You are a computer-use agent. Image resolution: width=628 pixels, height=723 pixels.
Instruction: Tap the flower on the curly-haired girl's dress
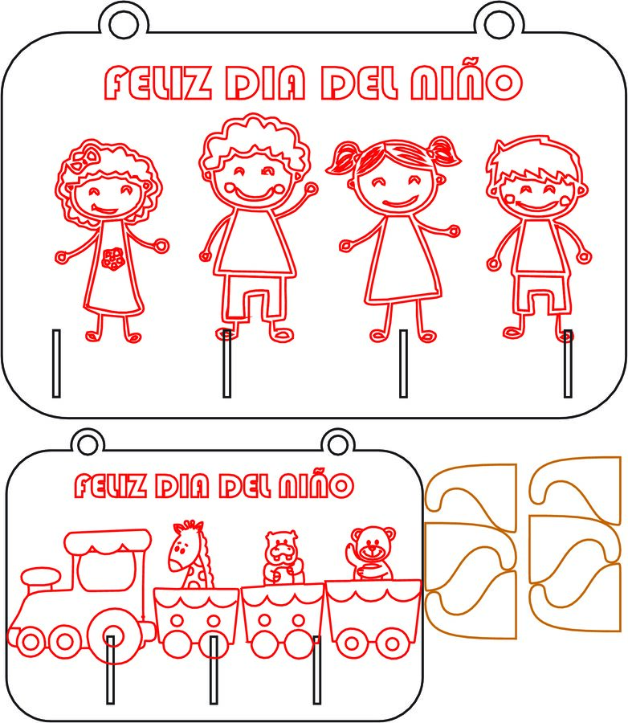click(x=113, y=258)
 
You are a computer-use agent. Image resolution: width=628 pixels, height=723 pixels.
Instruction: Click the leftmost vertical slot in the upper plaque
click(x=55, y=363)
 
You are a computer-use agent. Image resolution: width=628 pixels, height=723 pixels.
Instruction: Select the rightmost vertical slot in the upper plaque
click(x=568, y=363)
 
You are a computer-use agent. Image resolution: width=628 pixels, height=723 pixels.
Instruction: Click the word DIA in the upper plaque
click(x=267, y=83)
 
